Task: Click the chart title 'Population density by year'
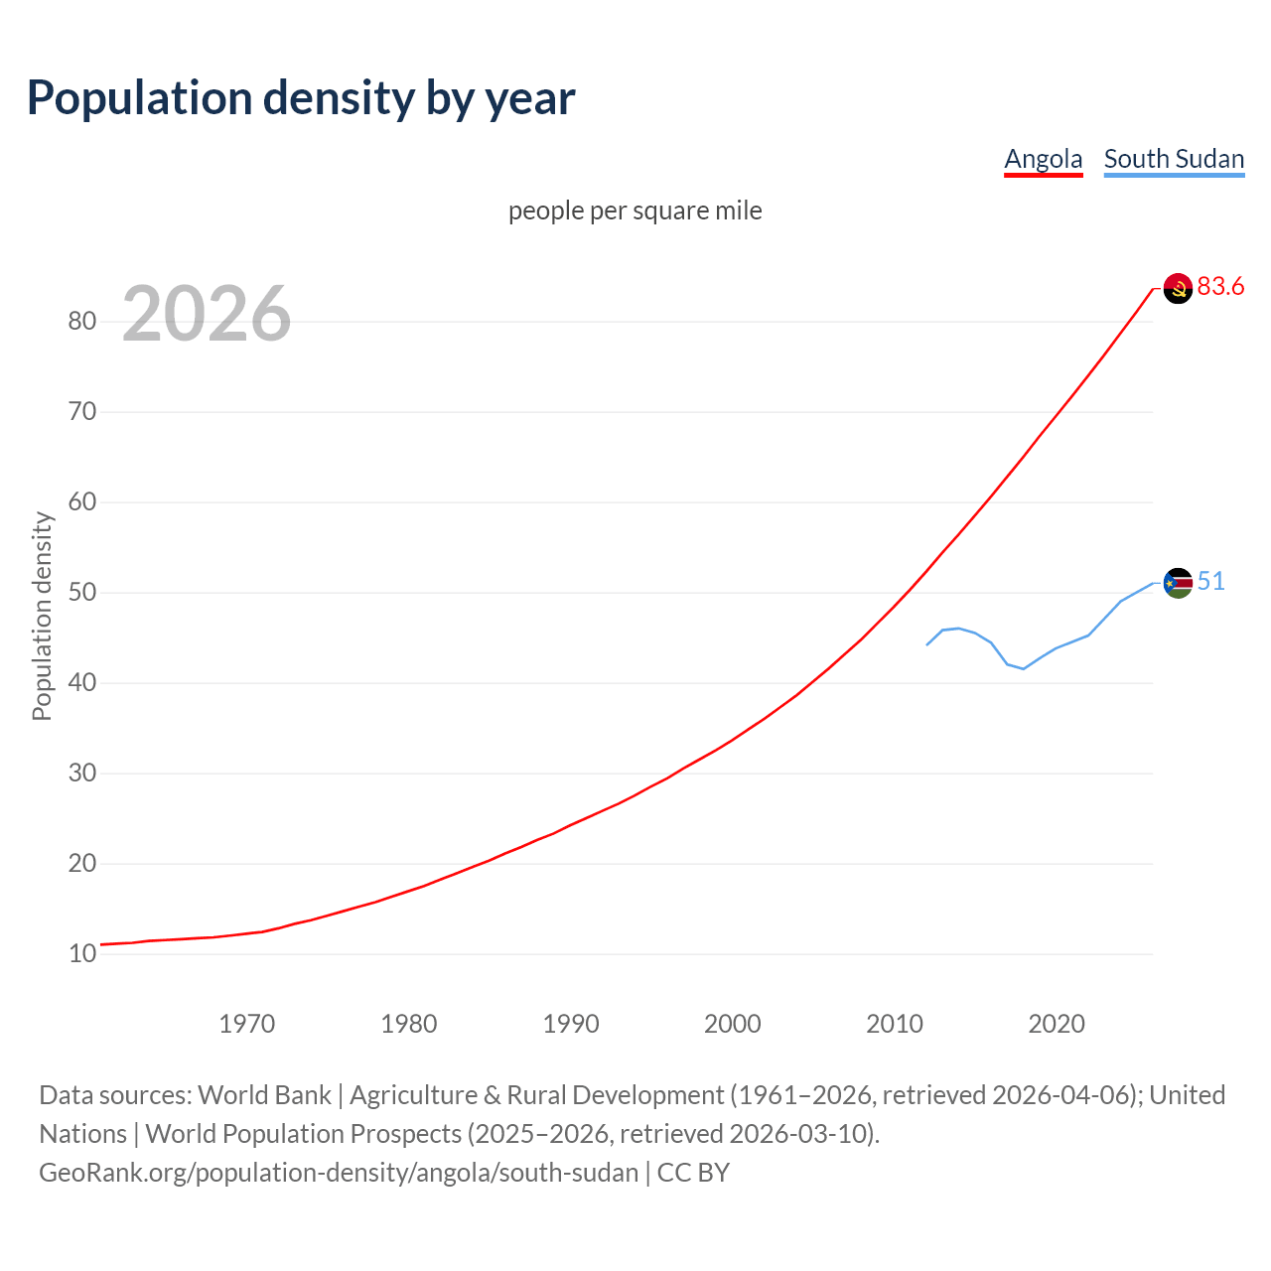click(301, 98)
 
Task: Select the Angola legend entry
click(1043, 159)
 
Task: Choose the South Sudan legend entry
click(1174, 159)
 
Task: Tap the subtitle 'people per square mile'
click(635, 211)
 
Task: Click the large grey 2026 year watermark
click(207, 314)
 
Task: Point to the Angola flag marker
click(1178, 288)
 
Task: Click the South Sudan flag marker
click(1178, 583)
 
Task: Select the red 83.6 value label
click(1220, 287)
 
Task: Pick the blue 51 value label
click(1210, 582)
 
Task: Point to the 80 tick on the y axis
click(82, 321)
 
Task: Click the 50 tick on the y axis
click(82, 592)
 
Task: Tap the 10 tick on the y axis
click(82, 953)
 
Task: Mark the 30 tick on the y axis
click(82, 773)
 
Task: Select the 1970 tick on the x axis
click(247, 1024)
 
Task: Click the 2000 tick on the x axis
click(733, 1024)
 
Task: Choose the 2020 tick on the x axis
click(1057, 1024)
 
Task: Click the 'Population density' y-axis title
click(42, 616)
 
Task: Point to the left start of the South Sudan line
click(927, 644)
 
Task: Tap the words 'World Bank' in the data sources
click(264, 1095)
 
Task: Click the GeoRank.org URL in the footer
click(339, 1173)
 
